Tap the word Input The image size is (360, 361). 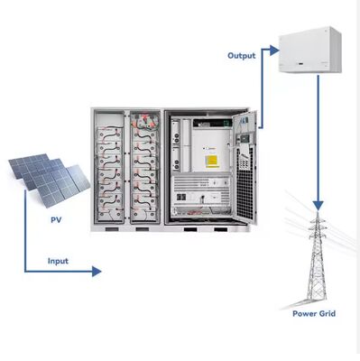(59, 262)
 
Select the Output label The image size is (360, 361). (242, 55)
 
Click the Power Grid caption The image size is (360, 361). (315, 313)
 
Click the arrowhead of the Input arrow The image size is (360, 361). (97, 270)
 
